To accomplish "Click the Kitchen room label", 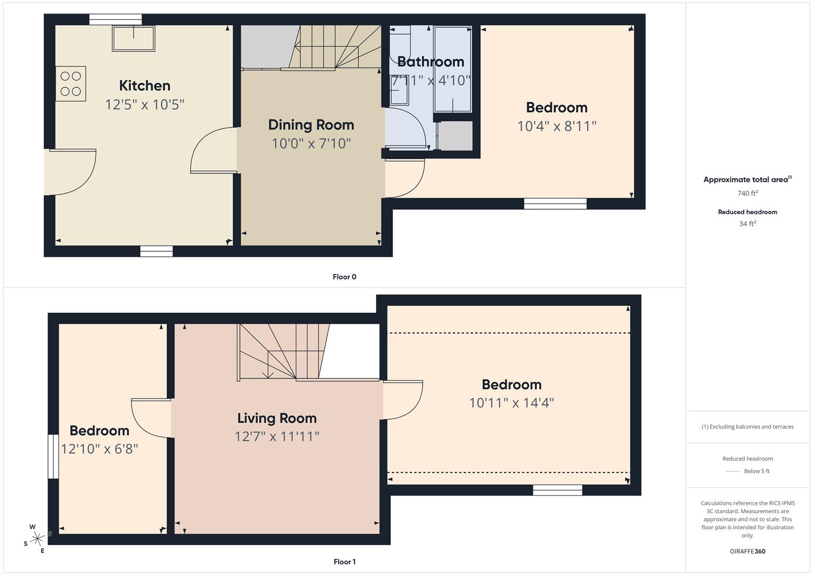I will click(x=144, y=86).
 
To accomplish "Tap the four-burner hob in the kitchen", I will click(x=71, y=84).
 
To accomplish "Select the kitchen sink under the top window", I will click(x=133, y=38).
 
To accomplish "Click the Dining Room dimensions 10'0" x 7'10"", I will click(x=311, y=143).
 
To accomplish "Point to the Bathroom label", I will click(x=430, y=62).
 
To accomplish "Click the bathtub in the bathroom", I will click(x=453, y=69).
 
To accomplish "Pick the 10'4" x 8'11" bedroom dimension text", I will click(x=556, y=126).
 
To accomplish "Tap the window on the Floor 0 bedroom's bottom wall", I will click(x=555, y=203).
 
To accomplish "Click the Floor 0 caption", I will click(x=344, y=277).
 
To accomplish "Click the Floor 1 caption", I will click(x=344, y=562).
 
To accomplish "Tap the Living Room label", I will click(x=277, y=418).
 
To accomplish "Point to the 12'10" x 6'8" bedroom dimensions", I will click(x=100, y=449).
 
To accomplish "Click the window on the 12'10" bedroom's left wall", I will click(x=53, y=456).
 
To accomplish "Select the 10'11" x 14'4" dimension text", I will click(x=511, y=402).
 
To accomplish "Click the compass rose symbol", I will click(x=37, y=539).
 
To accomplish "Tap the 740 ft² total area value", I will click(x=748, y=193).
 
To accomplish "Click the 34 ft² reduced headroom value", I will click(x=748, y=224).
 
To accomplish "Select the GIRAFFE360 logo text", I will click(x=748, y=551).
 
